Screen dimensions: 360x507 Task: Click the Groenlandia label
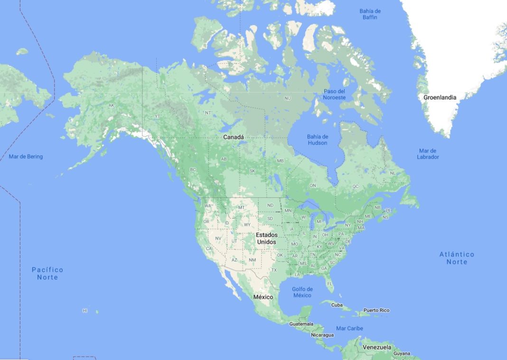tap(440, 98)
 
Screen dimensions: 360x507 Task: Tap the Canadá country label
tap(234, 137)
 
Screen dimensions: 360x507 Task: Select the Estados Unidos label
tap(266, 239)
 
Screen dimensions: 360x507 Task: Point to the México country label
tap(263, 297)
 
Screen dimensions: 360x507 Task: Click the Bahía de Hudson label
tap(318, 140)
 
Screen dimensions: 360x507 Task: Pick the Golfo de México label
tap(302, 292)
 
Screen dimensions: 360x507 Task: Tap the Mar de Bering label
tap(26, 157)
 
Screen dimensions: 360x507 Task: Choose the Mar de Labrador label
tap(428, 154)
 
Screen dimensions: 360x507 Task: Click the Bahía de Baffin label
tap(370, 14)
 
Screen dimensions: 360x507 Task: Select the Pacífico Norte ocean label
tap(47, 273)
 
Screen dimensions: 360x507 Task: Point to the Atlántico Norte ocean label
tap(457, 258)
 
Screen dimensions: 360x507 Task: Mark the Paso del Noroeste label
tap(334, 94)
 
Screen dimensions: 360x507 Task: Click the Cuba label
tap(337, 305)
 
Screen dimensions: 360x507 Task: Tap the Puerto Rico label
tap(376, 311)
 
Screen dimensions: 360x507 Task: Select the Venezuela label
tap(377, 347)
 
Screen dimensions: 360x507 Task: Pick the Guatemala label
tap(301, 324)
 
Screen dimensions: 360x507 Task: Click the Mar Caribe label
tap(349, 328)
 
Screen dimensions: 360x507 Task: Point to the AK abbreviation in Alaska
tap(111, 106)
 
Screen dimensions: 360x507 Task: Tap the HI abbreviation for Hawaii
tap(85, 311)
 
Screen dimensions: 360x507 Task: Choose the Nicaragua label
tap(322, 335)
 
